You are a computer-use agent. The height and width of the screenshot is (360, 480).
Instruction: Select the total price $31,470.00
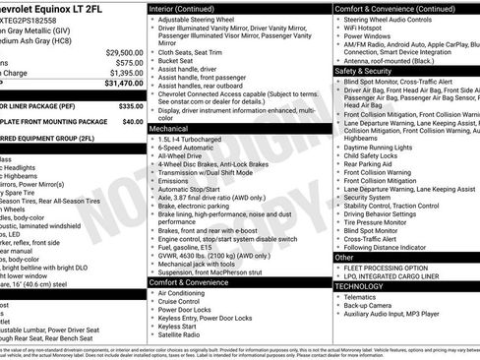click(117, 84)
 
